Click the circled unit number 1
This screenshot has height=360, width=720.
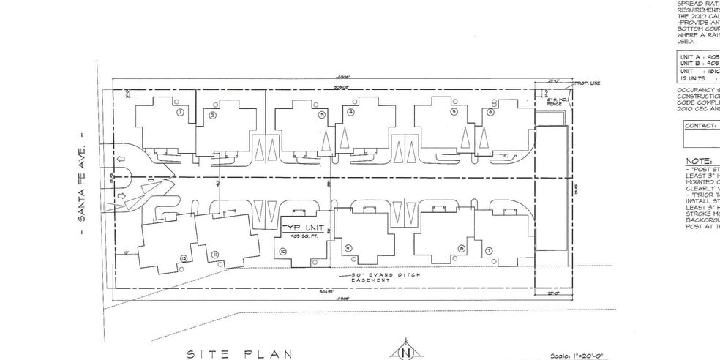click(x=180, y=113)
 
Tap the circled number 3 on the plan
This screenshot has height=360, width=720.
click(x=321, y=115)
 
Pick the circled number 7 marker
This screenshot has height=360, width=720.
click(x=488, y=250)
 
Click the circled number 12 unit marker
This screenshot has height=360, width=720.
click(x=183, y=258)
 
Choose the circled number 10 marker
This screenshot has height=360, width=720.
click(x=282, y=250)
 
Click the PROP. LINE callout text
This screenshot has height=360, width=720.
click(x=588, y=83)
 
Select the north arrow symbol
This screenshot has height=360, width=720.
click(x=404, y=351)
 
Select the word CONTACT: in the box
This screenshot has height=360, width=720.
click(x=700, y=125)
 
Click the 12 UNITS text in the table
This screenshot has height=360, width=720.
click(x=691, y=77)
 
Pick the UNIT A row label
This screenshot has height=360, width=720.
click(x=691, y=56)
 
